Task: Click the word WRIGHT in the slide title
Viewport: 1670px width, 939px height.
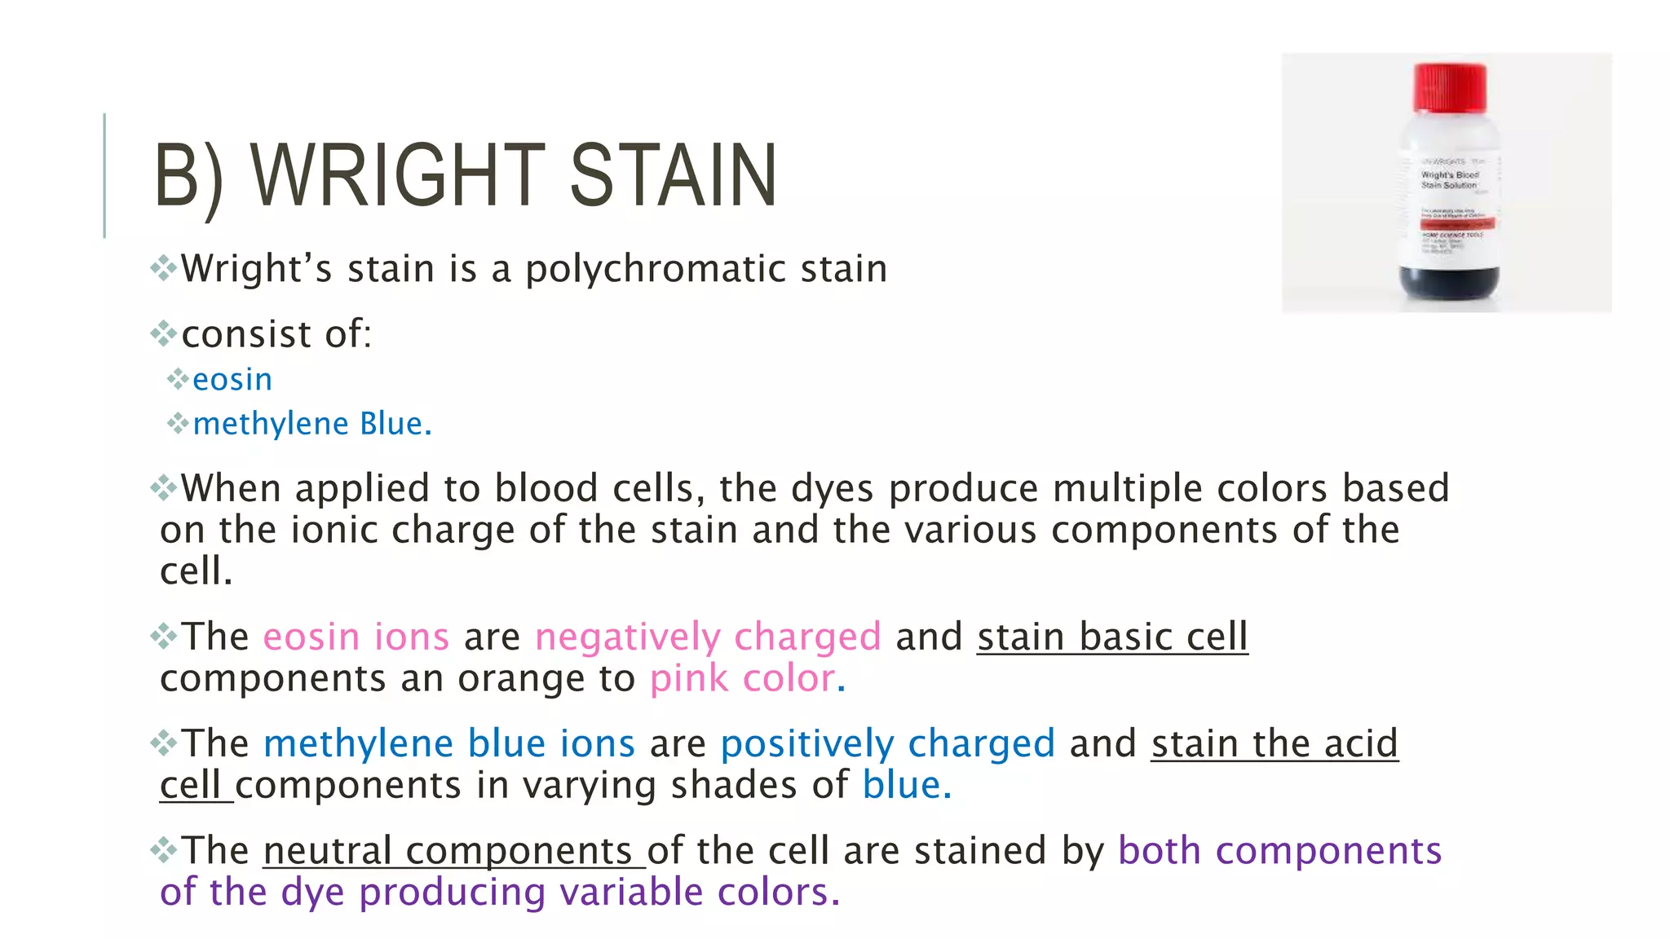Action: [x=398, y=175]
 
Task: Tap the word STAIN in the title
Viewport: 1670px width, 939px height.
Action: [x=674, y=175]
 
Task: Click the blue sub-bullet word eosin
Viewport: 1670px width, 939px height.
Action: [x=232, y=380]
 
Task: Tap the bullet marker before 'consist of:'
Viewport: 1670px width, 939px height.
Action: [x=164, y=333]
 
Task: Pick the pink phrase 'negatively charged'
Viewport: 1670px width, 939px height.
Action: [x=708, y=637]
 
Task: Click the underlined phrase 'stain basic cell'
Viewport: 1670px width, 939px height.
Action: [x=1112, y=637]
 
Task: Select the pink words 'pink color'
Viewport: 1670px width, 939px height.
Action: [x=742, y=678]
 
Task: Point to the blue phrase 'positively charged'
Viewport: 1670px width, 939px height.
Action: [x=887, y=743]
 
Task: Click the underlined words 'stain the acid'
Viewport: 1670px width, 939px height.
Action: [x=1275, y=743]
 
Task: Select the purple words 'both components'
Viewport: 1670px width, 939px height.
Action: [x=1279, y=851]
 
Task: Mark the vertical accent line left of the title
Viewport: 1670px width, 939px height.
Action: [x=104, y=175]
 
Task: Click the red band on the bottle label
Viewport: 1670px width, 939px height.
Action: [x=1457, y=223]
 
